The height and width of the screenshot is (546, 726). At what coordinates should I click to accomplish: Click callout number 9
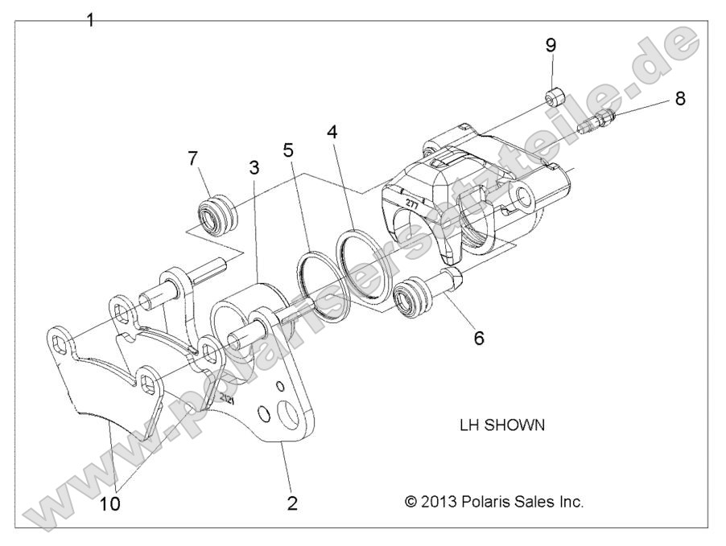coord(551,45)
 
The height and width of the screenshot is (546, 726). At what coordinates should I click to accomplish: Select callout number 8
coord(680,99)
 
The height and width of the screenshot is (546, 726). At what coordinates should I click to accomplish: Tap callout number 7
coord(192,158)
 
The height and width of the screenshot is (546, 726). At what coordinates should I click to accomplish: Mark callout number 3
coord(254,169)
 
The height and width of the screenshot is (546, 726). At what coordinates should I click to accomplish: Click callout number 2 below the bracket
coord(292,504)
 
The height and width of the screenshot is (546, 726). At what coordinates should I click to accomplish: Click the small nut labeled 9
coord(553,98)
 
